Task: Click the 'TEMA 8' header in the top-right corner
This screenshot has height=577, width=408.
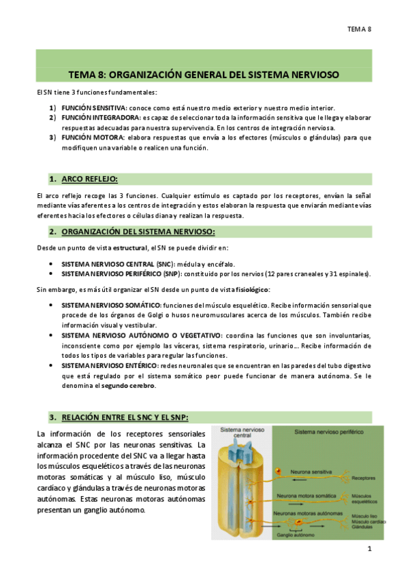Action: [359, 29]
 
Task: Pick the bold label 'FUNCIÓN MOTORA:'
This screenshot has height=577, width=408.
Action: [89, 137]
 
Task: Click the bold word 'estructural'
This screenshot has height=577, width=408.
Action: [129, 246]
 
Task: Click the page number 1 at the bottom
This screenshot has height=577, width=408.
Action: [368, 548]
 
